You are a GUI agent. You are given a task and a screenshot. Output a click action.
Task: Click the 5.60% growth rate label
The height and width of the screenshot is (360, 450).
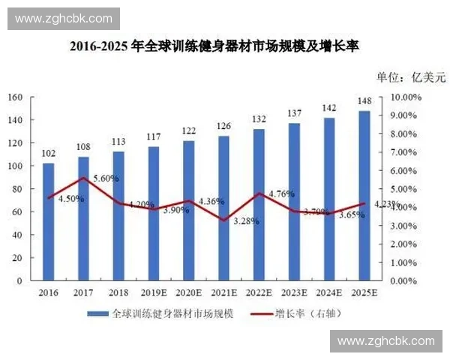point(105,178)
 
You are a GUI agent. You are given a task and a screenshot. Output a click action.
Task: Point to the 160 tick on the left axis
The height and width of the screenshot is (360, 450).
point(15,97)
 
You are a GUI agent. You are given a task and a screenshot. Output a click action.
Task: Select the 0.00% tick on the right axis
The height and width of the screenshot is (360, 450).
point(403,281)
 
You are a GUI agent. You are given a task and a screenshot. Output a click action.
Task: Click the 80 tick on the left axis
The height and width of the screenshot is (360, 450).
point(17,189)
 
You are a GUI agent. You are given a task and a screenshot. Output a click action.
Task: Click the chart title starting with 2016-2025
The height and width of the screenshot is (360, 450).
point(214,46)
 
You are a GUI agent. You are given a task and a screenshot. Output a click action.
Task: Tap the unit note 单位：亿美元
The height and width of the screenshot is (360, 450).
point(410,76)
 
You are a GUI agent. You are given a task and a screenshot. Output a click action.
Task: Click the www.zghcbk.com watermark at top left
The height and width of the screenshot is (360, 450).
point(63,19)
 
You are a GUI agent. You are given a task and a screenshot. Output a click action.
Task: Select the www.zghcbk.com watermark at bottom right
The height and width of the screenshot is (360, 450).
point(385,341)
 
